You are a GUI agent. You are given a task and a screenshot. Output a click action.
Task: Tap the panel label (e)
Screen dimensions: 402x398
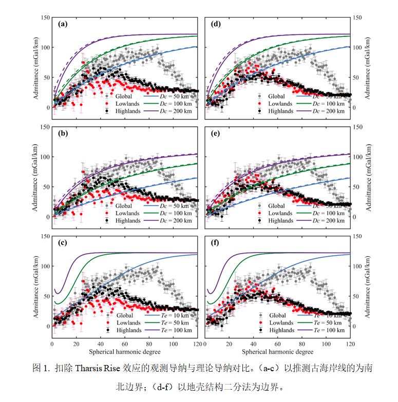click(x=216, y=133)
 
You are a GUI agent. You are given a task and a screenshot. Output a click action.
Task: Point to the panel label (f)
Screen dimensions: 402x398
click(x=216, y=242)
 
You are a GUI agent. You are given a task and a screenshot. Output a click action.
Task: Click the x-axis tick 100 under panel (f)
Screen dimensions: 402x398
click(x=326, y=344)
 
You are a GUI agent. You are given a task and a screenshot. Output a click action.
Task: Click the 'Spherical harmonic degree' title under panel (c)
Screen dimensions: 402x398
click(x=124, y=352)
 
